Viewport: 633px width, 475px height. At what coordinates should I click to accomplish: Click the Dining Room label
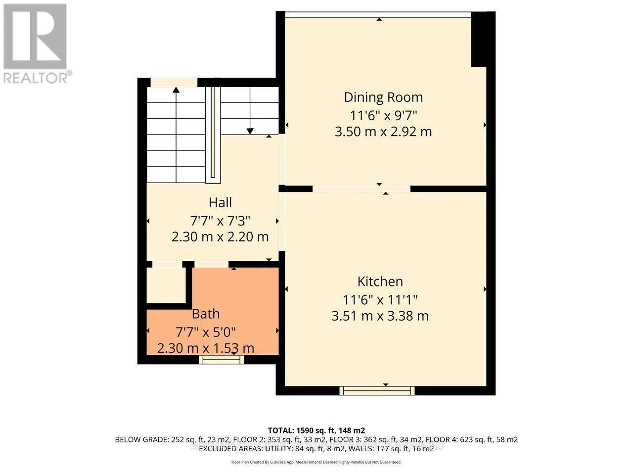383,97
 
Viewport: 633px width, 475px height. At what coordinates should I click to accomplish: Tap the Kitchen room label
380,282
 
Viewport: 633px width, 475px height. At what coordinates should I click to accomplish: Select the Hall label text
220,202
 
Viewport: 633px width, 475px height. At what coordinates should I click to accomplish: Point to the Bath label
206,314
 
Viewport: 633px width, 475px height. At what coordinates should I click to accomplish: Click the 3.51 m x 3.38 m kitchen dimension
380,316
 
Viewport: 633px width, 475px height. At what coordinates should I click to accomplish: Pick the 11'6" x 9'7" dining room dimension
383,116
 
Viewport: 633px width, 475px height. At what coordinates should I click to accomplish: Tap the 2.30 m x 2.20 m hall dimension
220,237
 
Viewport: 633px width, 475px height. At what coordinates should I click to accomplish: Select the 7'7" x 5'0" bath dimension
206,332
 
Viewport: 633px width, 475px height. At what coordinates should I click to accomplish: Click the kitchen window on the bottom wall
377,391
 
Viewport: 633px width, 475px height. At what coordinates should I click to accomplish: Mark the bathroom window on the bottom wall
222,360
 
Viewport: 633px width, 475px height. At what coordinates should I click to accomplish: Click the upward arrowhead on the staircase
176,90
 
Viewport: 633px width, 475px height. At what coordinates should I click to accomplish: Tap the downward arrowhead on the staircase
250,131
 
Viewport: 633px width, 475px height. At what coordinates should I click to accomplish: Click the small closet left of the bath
166,285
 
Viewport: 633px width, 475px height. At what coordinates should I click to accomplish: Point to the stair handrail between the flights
213,135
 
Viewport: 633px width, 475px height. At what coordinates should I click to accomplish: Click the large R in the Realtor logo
35,36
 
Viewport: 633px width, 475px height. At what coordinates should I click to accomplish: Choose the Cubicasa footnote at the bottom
316,462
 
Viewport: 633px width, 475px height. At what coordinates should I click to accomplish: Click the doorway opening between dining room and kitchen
362,189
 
